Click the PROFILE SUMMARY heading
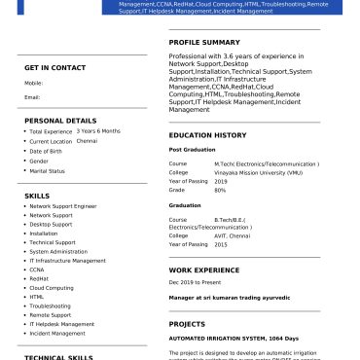pos(204,43)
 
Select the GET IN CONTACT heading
pos(55,67)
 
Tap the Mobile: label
pos(33,84)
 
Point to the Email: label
pos(32,97)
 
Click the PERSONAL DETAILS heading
pos(59,120)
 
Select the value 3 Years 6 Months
pos(98,130)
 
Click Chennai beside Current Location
pos(87,141)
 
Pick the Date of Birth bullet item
pos(47,151)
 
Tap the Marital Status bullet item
pos(48,171)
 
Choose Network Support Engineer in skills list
pos(63,206)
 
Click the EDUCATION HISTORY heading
pos(207,135)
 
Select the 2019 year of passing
pos(220,181)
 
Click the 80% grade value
pos(220,190)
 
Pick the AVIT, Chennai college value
pos(232,235)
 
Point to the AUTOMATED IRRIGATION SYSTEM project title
pos(234,338)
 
